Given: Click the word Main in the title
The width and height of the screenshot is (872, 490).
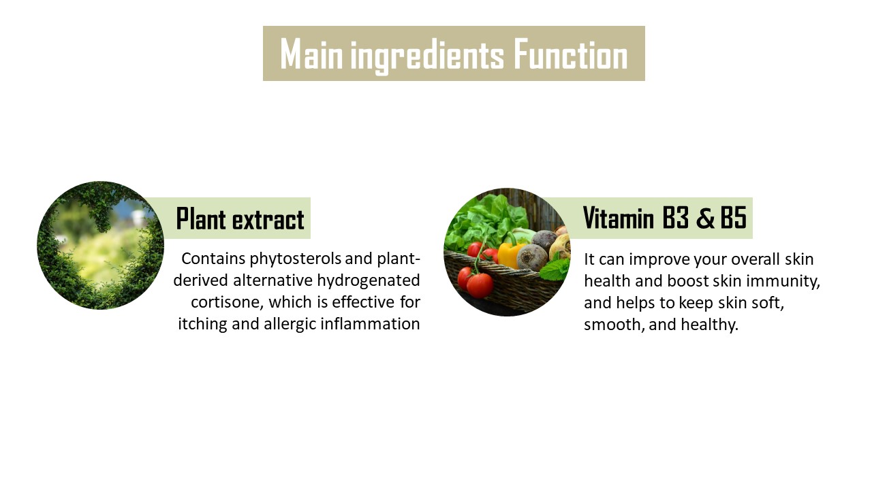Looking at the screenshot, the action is [x=311, y=54].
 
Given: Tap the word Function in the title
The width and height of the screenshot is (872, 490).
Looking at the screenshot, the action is [x=571, y=54].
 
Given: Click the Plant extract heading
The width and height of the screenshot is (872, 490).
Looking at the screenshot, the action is [x=240, y=219].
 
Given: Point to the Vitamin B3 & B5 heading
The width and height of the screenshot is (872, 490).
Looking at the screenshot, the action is [x=665, y=218].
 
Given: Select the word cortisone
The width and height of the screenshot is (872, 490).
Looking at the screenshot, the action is [x=227, y=303].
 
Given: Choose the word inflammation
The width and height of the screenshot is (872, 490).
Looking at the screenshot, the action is [x=370, y=324].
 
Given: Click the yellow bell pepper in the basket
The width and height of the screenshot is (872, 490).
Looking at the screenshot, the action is [x=508, y=254].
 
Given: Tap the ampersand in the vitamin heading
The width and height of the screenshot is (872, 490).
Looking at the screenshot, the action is [x=705, y=218].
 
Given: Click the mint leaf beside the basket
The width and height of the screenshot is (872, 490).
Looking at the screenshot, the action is [x=555, y=267].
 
